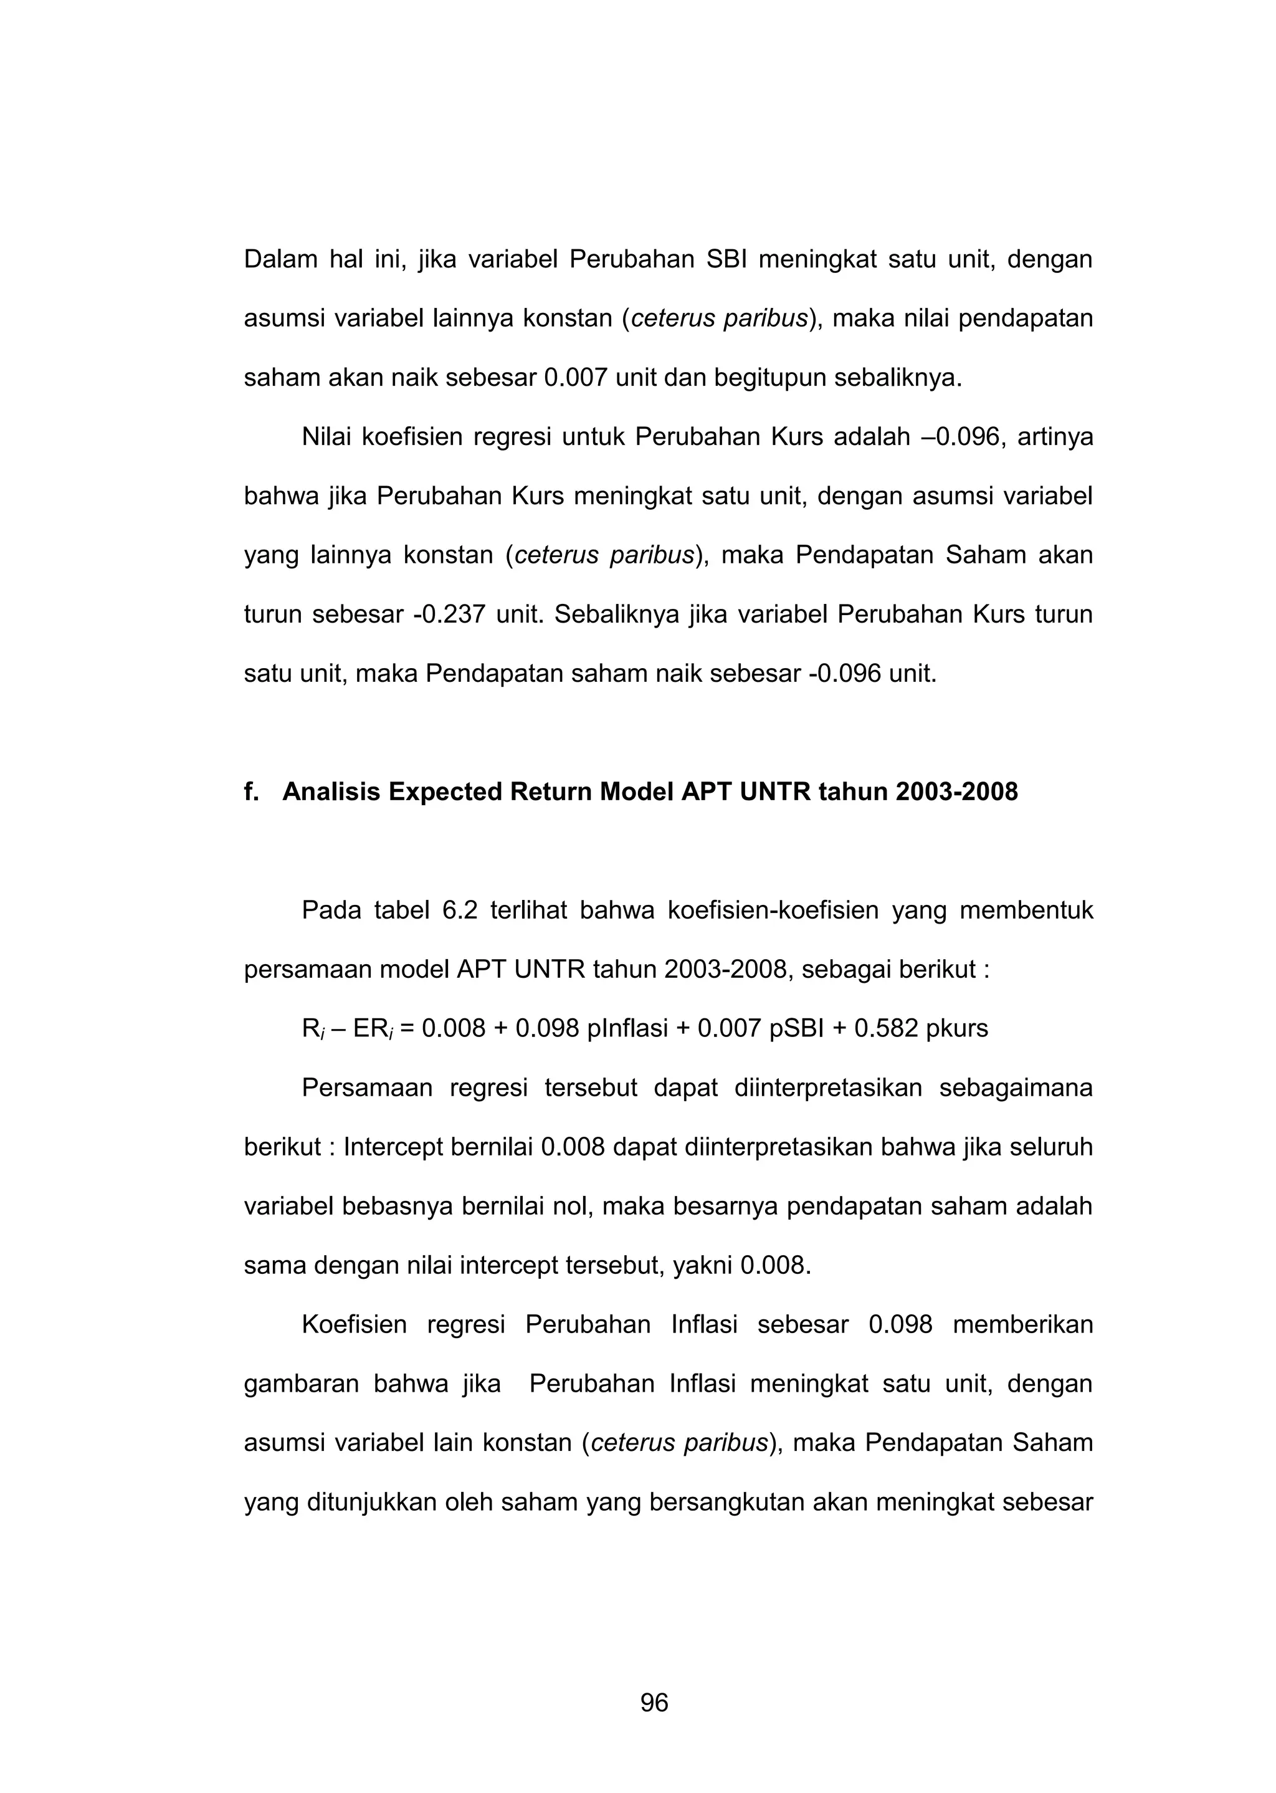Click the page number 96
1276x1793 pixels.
[654, 1703]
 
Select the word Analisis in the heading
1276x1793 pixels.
[331, 792]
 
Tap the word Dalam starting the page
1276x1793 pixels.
[280, 259]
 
